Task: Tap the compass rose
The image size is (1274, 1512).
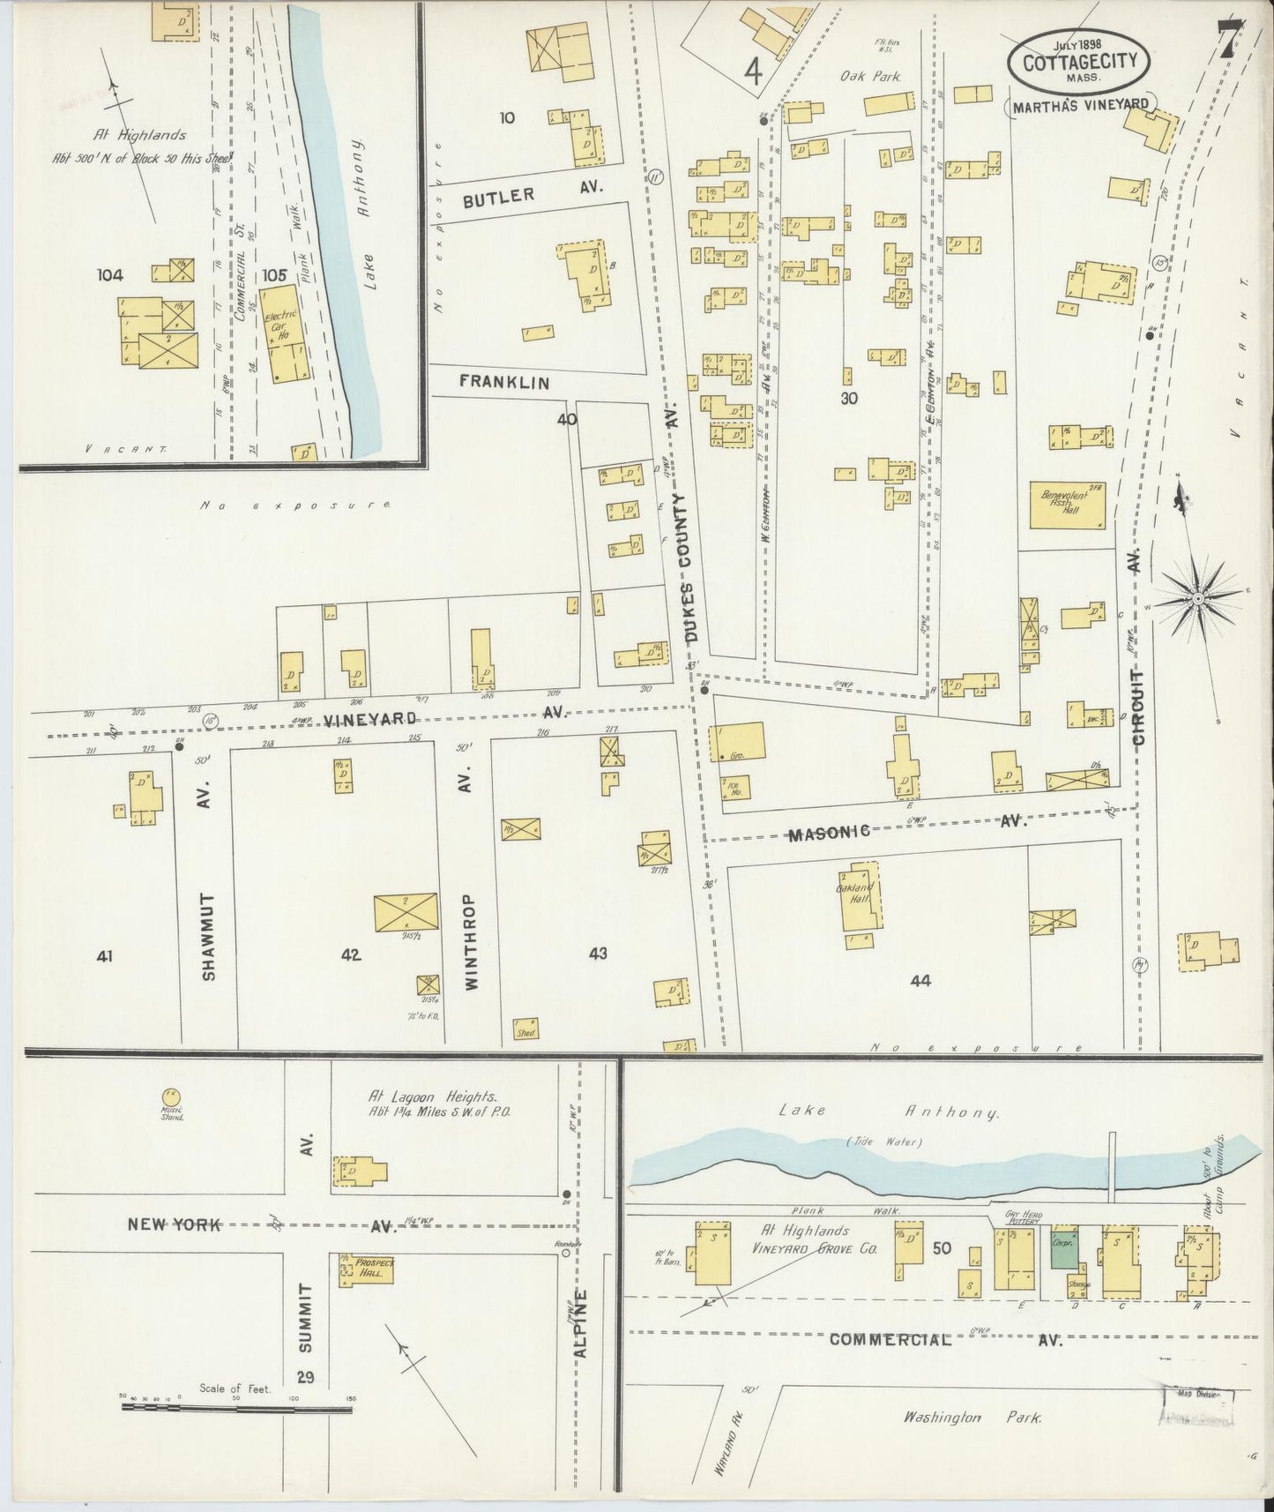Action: [1198, 600]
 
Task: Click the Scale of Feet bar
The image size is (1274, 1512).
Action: [236, 1409]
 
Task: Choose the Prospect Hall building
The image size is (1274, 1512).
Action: [365, 1269]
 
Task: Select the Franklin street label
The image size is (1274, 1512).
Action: [503, 382]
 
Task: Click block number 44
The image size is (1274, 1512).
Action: [920, 980]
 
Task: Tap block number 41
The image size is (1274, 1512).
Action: [106, 955]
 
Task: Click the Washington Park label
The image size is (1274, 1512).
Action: [971, 1417]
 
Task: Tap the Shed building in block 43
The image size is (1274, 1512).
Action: [526, 1029]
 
